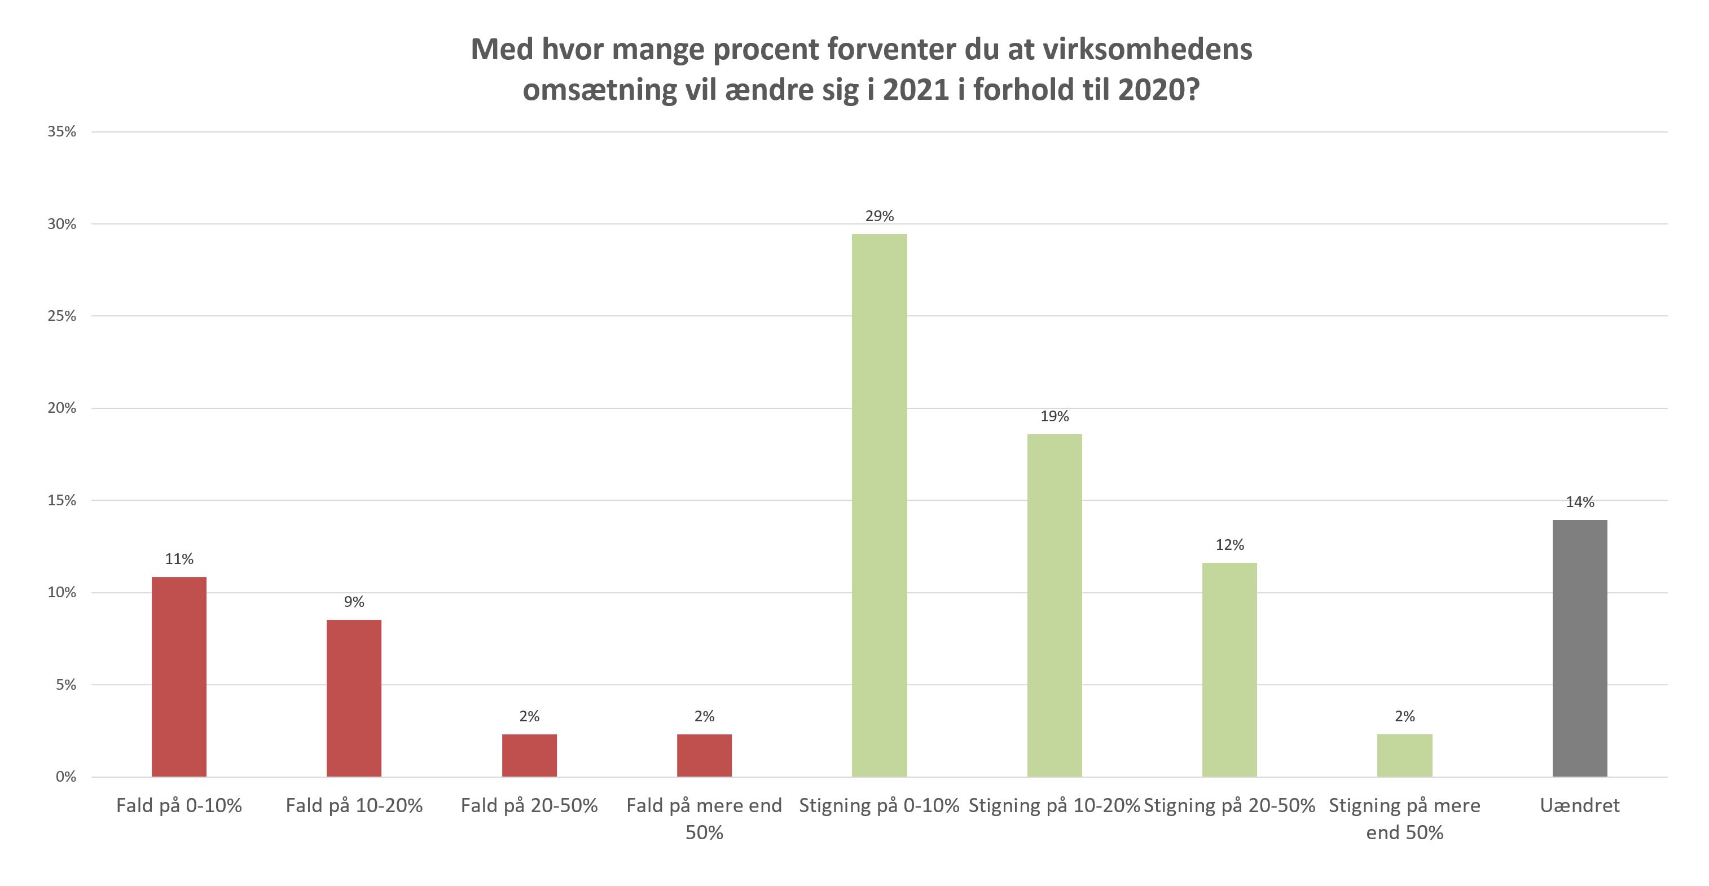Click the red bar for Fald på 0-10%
pyautogui.click(x=179, y=676)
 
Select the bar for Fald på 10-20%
pyautogui.click(x=354, y=698)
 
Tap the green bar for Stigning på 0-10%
pyautogui.click(x=879, y=505)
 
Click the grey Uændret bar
pyautogui.click(x=1580, y=648)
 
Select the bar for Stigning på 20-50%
pyautogui.click(x=1229, y=670)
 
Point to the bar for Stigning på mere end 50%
pyautogui.click(x=1404, y=755)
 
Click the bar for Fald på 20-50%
pyautogui.click(x=529, y=755)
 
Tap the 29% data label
pyautogui.click(x=879, y=216)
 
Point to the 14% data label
pyautogui.click(x=1580, y=502)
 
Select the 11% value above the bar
pyautogui.click(x=179, y=559)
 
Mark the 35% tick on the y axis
pyautogui.click(x=61, y=131)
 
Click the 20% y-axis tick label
pyautogui.click(x=61, y=408)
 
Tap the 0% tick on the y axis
pyautogui.click(x=65, y=777)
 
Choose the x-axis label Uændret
pyautogui.click(x=1580, y=806)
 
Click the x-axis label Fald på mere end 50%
pyautogui.click(x=704, y=818)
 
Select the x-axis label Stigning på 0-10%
pyautogui.click(x=879, y=806)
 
